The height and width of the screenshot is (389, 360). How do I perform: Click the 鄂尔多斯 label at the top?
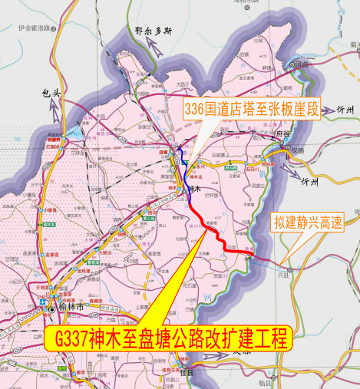click(153, 31)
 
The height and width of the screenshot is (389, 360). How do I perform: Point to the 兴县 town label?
click(289, 277)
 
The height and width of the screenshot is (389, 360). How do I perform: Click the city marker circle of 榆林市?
click(51, 311)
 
